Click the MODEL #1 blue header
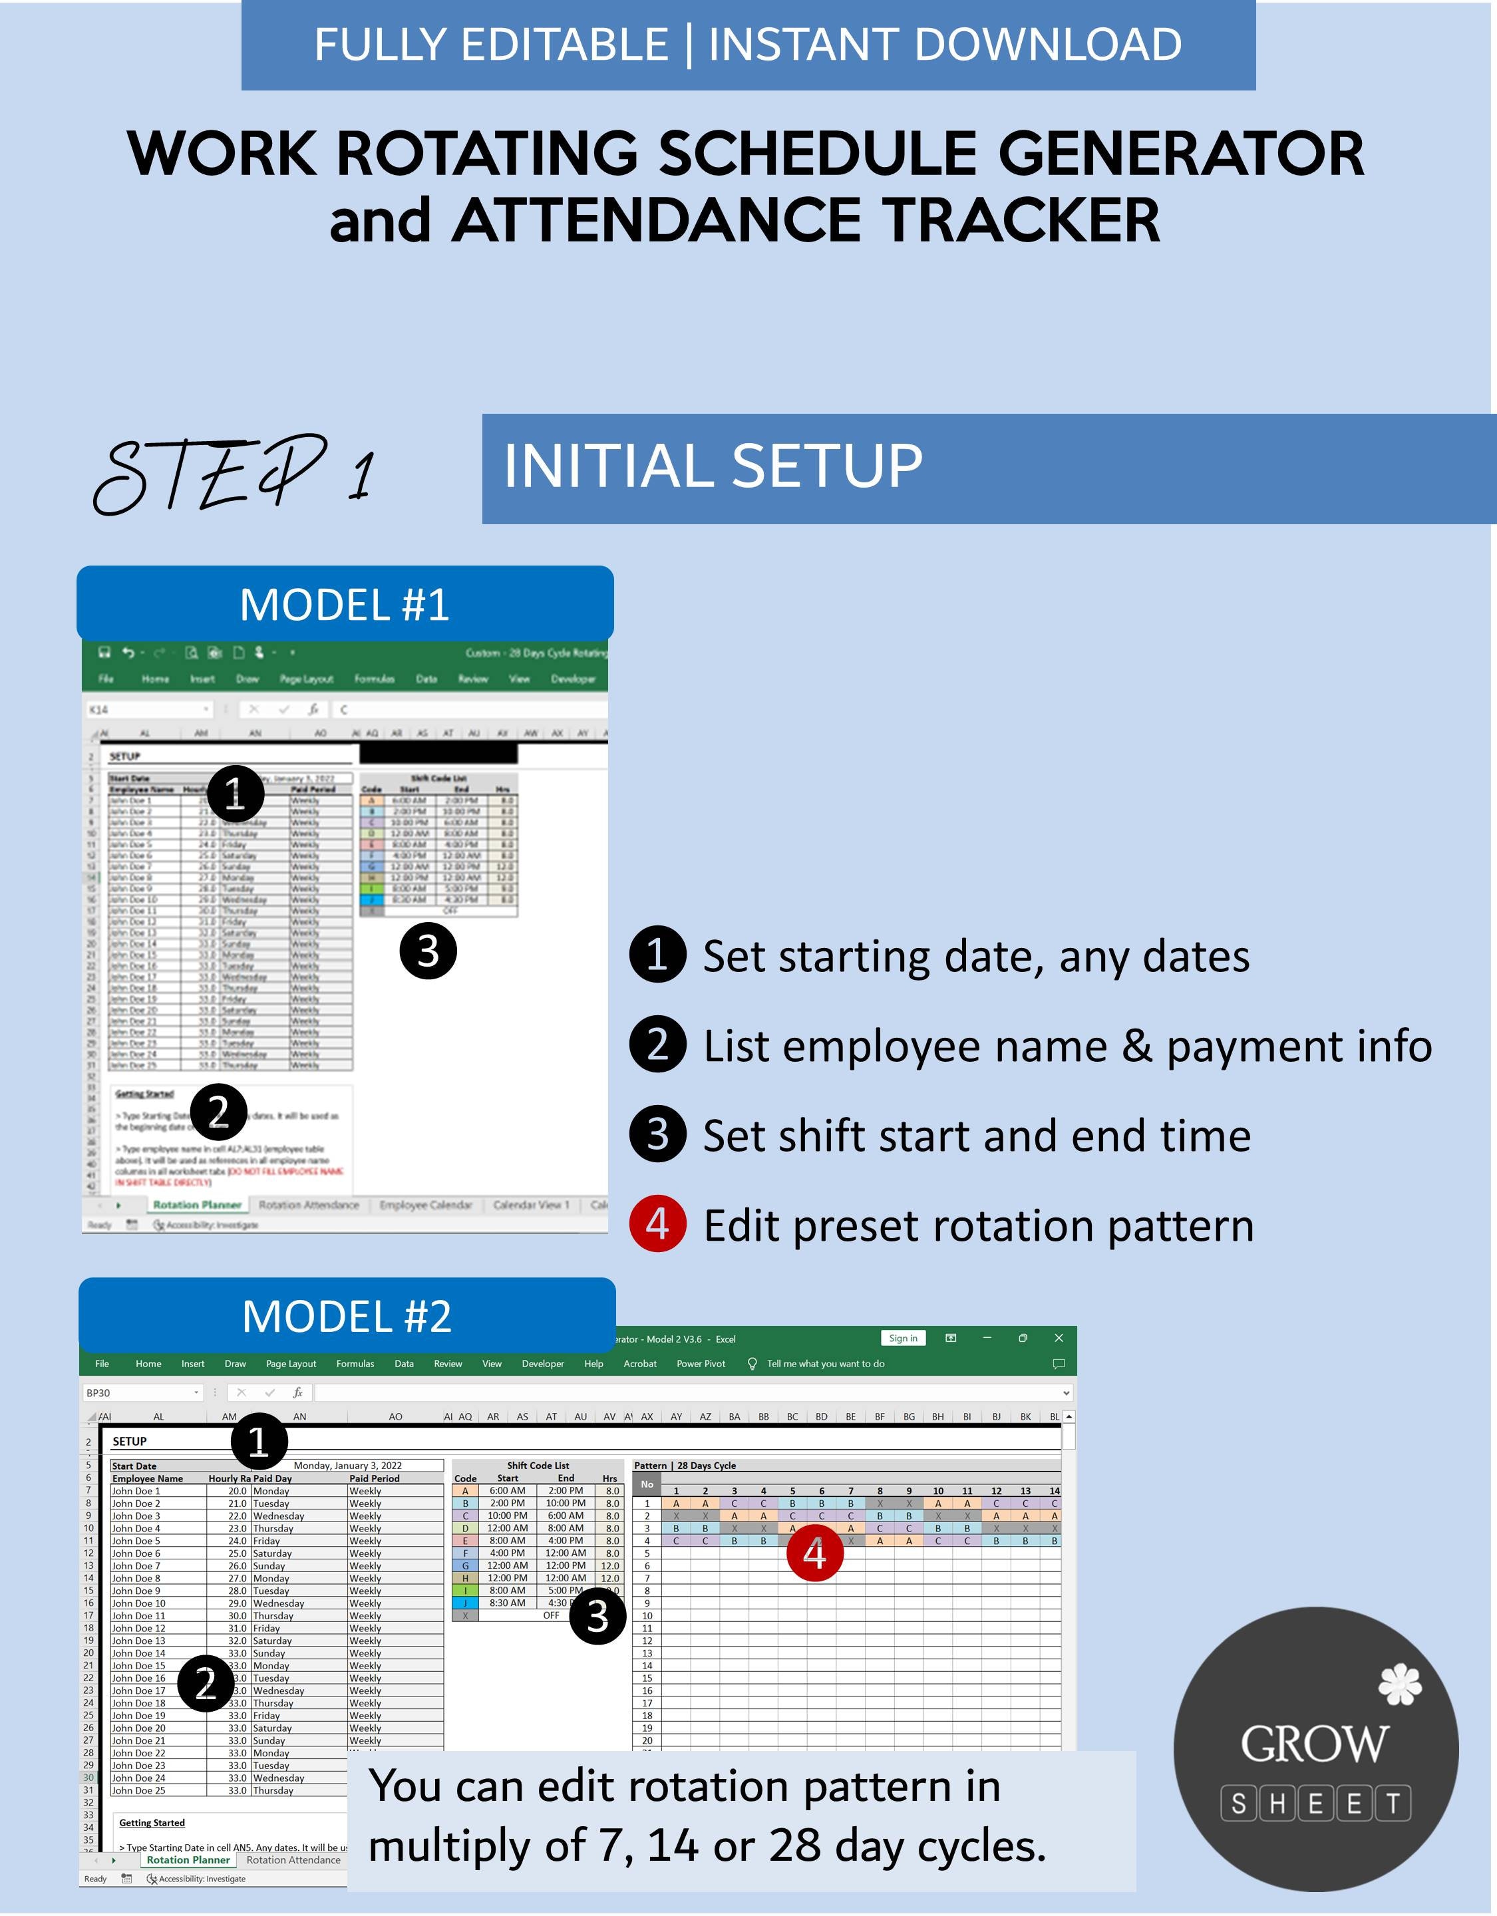[x=345, y=605]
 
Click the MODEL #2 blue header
[x=347, y=1316]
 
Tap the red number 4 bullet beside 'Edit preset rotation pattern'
[x=657, y=1224]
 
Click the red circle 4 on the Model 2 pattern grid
[x=814, y=1553]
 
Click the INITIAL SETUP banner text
[x=713, y=467]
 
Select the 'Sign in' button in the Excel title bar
[x=902, y=1338]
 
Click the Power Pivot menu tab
[x=700, y=1363]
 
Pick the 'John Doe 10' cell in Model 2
[x=138, y=1603]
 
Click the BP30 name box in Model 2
[x=140, y=1392]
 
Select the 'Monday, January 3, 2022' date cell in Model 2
[x=347, y=1465]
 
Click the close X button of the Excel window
[x=1059, y=1338]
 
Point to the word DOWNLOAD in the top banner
[x=1048, y=44]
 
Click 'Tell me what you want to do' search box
[x=825, y=1363]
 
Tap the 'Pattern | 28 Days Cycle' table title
[x=685, y=1465]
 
